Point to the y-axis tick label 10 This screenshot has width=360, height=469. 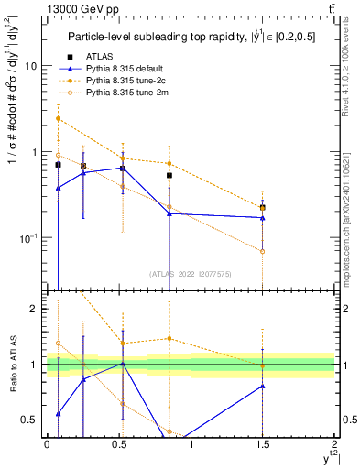30,67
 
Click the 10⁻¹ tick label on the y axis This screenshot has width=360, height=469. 27,237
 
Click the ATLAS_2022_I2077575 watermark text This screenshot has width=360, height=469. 190,273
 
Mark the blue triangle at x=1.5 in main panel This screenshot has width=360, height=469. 263,218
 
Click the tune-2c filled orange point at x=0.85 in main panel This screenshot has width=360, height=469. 169,164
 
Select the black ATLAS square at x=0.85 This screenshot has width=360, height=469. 169,175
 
